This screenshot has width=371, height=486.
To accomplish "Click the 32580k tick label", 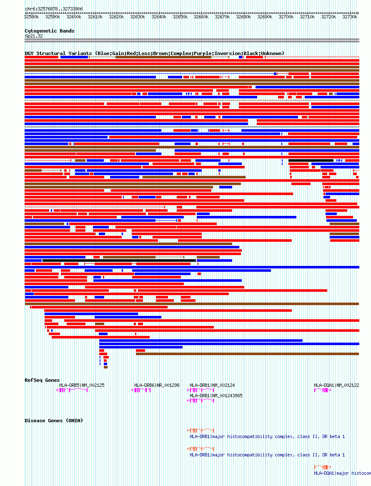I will point(31,17).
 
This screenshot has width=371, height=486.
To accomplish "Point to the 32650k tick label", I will point(180,17).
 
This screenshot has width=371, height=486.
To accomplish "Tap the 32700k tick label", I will point(286,17).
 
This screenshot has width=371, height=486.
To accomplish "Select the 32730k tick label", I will point(350,17).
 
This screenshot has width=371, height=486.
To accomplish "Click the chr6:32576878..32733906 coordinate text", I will point(54,9).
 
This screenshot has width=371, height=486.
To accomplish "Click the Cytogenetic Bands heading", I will point(49,31).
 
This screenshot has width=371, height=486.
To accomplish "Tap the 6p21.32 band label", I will point(34,36).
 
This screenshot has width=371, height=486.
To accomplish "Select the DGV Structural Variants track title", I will point(154,53).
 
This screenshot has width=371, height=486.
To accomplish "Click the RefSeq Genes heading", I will point(42,380).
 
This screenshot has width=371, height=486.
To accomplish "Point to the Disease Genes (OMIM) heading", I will point(54,421).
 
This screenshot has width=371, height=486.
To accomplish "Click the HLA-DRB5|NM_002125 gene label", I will point(82,385).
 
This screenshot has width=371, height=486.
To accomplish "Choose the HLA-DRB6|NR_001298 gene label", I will point(157,385).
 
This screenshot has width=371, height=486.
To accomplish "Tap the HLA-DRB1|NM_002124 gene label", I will point(212,385).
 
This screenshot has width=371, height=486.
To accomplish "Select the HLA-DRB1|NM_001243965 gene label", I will point(216,396).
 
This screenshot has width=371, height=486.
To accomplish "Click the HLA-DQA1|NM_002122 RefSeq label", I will point(336,385).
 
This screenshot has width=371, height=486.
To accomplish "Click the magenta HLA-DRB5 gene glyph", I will point(72,390).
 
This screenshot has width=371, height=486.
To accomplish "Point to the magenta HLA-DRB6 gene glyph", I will point(141,390).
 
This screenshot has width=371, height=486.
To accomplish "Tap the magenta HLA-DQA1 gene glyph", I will point(323,390).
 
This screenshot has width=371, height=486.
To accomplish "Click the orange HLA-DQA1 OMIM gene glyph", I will point(323,467).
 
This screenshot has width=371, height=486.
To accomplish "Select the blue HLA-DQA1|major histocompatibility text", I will point(342,473).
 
